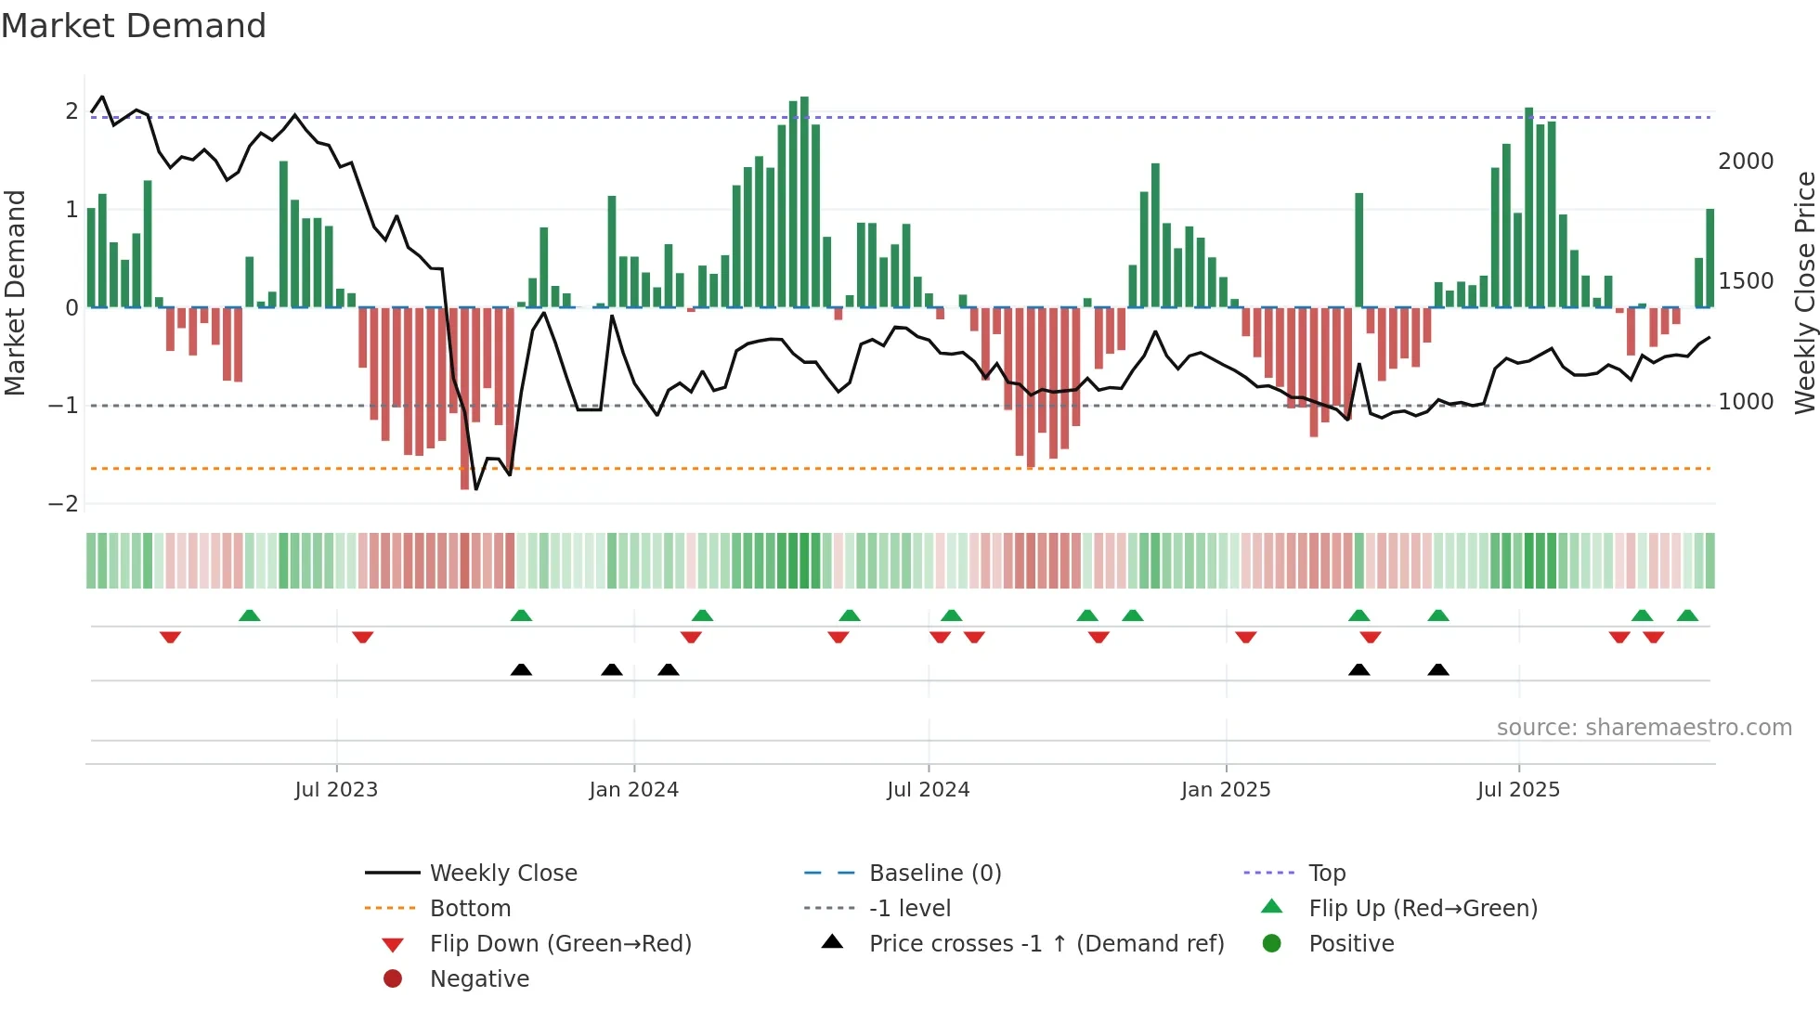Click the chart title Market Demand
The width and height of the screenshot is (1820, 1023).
click(134, 25)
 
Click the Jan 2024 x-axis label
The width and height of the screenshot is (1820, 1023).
click(633, 790)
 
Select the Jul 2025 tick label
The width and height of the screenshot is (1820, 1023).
click(1518, 790)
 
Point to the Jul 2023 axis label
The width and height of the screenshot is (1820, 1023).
click(336, 790)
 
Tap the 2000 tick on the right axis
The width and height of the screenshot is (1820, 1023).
click(1745, 162)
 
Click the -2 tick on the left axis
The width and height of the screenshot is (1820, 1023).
click(64, 504)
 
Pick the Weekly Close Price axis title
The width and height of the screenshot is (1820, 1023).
click(1804, 292)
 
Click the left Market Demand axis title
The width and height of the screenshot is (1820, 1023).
click(16, 292)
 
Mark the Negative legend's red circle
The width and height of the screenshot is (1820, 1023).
click(393, 979)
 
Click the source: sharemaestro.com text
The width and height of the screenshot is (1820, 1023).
click(1644, 728)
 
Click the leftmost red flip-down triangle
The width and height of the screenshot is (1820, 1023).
click(170, 637)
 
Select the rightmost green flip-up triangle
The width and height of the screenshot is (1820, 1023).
click(1687, 615)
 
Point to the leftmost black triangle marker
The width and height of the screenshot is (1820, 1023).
click(521, 669)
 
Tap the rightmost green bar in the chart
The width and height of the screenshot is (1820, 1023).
click(1709, 258)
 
